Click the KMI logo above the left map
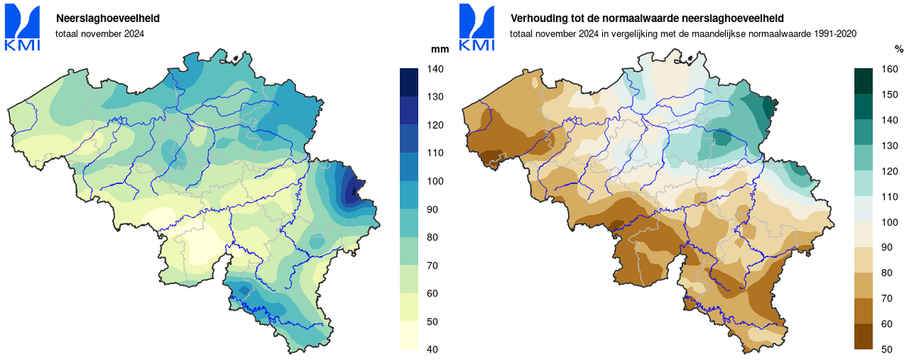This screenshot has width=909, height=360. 23,27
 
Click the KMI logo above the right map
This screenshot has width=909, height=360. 476,27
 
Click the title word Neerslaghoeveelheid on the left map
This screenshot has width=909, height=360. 108,17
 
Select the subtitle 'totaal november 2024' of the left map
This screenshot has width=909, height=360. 99,33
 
